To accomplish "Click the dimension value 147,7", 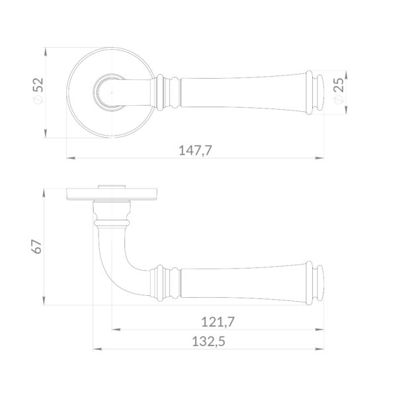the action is click(x=195, y=150).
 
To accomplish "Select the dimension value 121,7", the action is click(x=218, y=322).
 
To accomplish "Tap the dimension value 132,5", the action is click(x=208, y=341).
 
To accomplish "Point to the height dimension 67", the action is click(x=36, y=247).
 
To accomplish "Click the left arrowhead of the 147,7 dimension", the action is click(x=71, y=158).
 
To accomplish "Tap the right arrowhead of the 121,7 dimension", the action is click(x=320, y=330).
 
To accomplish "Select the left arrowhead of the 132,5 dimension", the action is click(x=97, y=349).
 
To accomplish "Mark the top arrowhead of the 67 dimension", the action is click(x=44, y=193).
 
